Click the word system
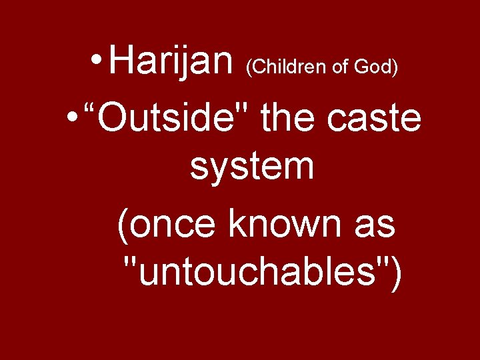click(x=251, y=167)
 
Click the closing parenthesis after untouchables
click(x=396, y=273)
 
